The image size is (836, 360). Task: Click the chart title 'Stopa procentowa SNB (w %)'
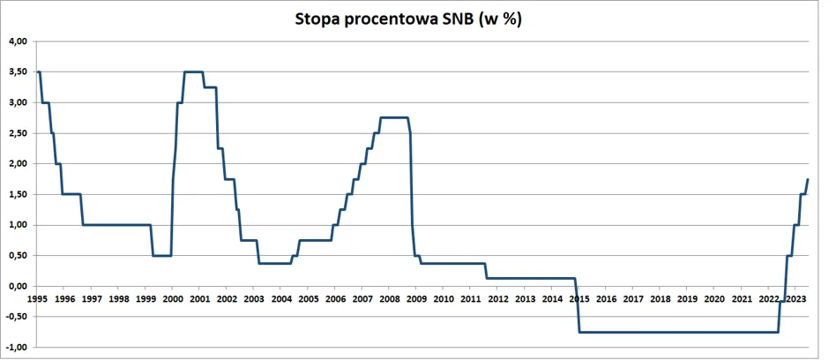[408, 19]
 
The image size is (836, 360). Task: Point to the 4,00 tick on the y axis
[18, 41]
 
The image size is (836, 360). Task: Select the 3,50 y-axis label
[18, 72]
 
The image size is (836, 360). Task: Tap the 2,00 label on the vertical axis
[18, 164]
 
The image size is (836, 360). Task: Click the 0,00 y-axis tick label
[18, 287]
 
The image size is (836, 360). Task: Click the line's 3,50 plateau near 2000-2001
[193, 72]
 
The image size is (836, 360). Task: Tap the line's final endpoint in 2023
[808, 180]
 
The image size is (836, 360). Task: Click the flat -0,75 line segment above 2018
[660, 333]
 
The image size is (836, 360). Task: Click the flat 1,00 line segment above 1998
[118, 225]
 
